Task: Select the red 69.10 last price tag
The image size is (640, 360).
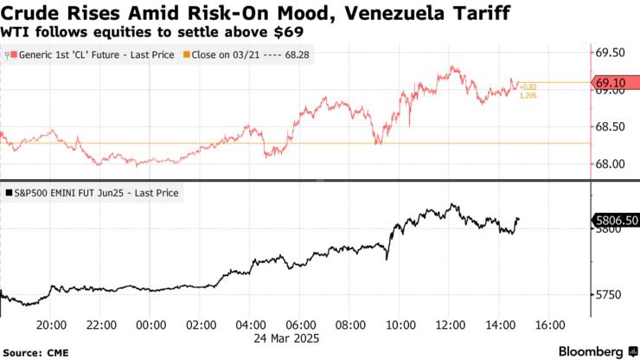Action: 613,83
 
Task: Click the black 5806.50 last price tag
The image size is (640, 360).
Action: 615,222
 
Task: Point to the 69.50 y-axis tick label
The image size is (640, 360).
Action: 611,52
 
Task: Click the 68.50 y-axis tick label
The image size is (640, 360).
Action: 611,127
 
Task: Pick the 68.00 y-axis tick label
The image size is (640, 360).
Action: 611,164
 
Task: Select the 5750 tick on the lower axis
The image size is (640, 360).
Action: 607,295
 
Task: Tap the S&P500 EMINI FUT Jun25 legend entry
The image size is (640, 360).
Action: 93,193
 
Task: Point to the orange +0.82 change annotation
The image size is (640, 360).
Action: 528,87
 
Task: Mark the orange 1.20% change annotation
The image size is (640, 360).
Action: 528,95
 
